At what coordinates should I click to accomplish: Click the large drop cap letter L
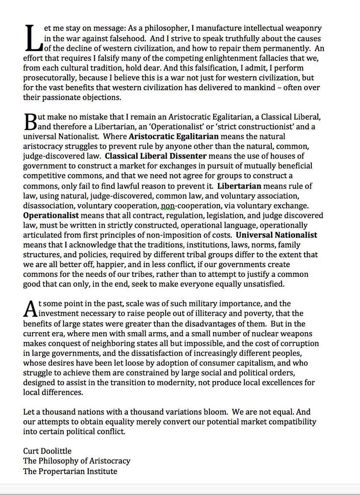point(32,38)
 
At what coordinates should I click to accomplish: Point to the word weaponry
point(303,29)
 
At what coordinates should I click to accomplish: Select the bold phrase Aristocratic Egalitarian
point(173,137)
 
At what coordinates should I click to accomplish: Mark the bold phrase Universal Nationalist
point(276,235)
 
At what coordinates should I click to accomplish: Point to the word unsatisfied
point(261,284)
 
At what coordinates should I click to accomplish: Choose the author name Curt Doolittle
point(47,451)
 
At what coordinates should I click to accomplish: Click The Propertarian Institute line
point(70,471)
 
